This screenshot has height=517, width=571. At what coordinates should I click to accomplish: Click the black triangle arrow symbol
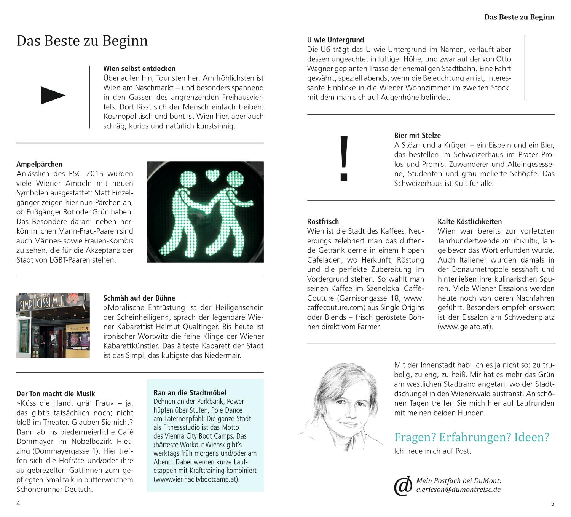[53, 96]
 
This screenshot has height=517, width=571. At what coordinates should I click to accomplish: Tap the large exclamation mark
[344, 158]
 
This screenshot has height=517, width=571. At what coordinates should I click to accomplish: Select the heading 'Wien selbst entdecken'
[139, 69]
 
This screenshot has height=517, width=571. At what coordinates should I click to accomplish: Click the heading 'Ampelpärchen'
[39, 164]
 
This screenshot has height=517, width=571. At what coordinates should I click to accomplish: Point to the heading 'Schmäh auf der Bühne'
[139, 298]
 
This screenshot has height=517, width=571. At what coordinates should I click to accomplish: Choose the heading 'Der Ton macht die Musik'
[56, 394]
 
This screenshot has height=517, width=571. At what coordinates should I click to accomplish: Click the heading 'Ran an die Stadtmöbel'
[190, 392]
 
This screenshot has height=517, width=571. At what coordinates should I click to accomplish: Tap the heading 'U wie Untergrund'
[335, 40]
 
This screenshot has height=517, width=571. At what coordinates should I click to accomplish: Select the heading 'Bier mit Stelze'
[417, 135]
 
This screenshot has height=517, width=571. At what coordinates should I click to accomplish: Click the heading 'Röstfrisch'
[323, 221]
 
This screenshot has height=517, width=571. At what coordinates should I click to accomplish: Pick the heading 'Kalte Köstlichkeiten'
[469, 221]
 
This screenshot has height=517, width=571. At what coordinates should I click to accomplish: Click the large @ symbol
[403, 486]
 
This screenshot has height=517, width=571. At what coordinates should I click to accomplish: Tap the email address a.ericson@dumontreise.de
[458, 490]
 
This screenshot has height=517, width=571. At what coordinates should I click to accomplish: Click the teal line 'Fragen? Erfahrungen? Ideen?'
[472, 437]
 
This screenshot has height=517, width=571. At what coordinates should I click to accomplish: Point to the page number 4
[18, 503]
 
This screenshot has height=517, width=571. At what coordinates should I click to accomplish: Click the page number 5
[553, 503]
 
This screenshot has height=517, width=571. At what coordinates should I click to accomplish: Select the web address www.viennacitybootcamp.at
[196, 479]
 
